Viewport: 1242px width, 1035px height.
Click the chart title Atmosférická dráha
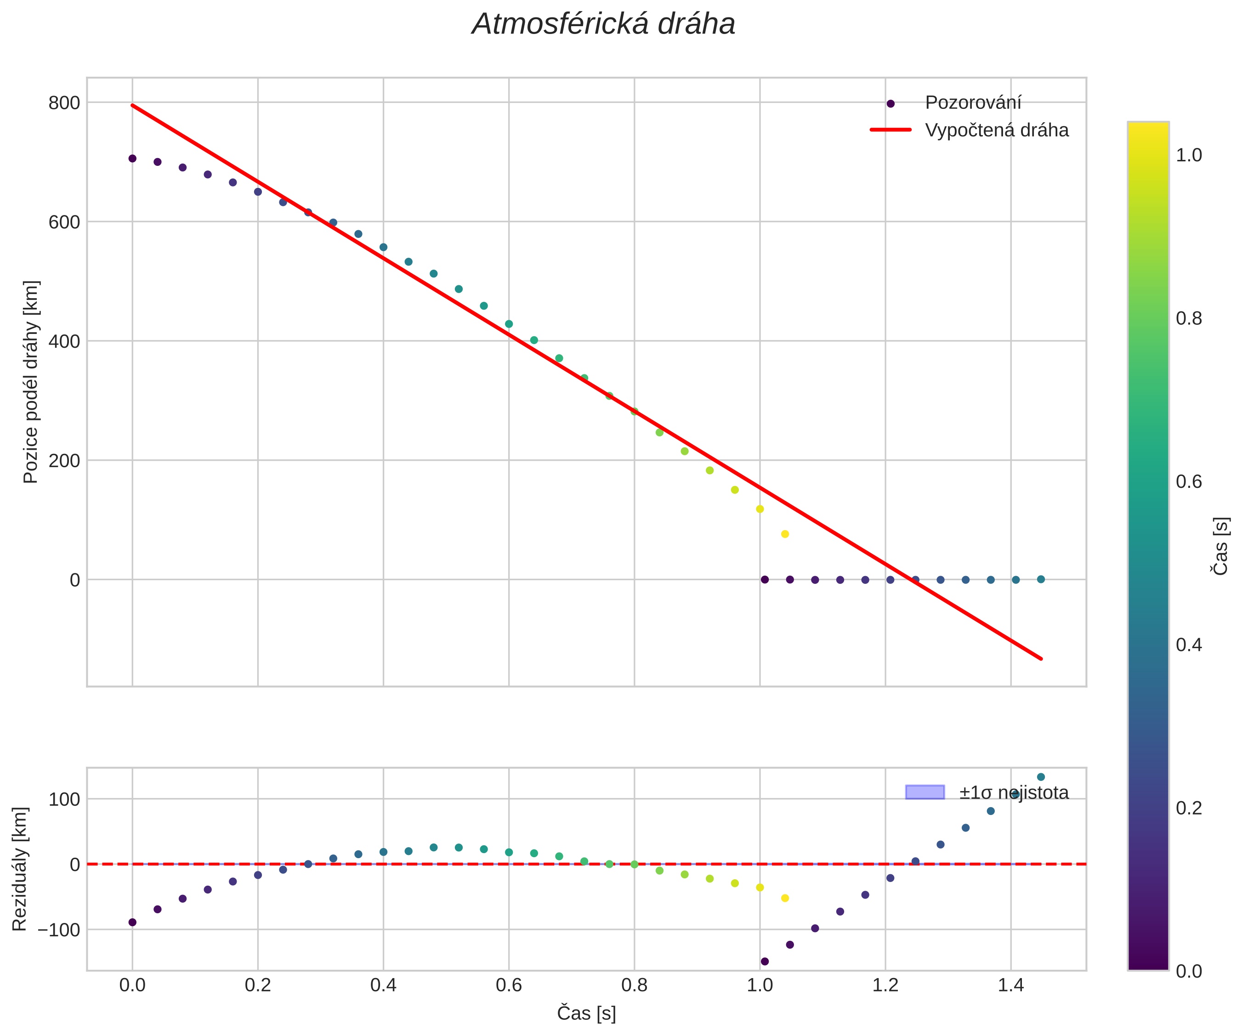603,25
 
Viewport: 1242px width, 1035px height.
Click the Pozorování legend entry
973,103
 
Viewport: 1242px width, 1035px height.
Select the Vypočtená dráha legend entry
997,130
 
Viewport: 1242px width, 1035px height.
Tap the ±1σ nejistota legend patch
924,792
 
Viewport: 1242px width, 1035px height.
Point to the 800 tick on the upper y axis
64,103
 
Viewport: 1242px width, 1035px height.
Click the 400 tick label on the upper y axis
64,341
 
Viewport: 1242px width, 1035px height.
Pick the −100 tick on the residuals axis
58,930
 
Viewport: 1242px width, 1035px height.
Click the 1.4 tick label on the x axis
1010,985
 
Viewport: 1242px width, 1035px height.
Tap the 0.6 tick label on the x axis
509,985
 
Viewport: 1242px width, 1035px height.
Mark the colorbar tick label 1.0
1189,155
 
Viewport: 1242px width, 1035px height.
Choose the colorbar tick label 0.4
1189,645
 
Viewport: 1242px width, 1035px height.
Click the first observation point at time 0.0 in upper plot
132,158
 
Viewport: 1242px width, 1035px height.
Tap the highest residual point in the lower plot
1041,777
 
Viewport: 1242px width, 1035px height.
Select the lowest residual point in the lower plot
765,961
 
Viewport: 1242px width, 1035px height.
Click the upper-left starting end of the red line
132,105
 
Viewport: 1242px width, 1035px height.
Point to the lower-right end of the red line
1041,658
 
